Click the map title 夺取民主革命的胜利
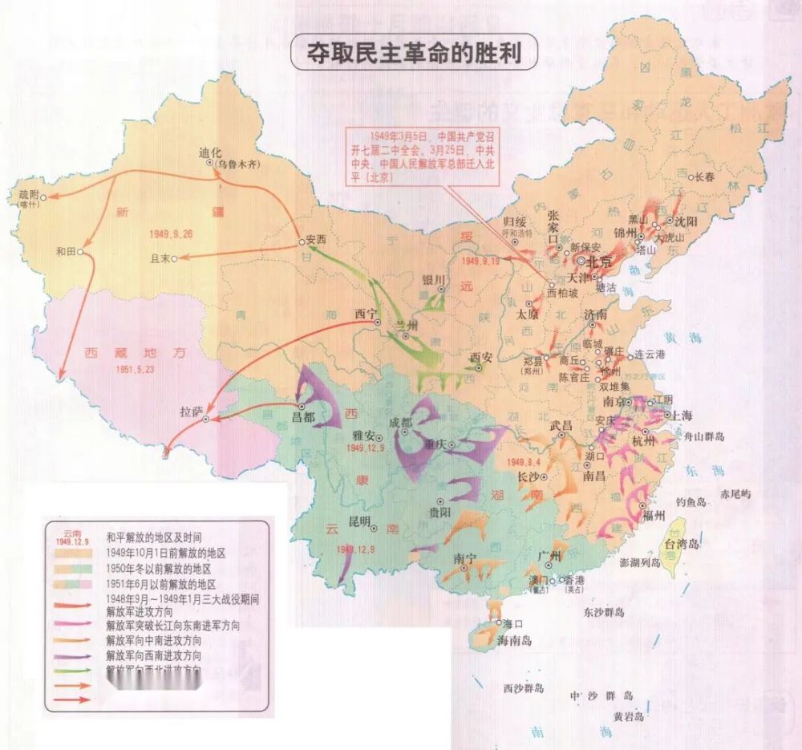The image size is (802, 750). coord(415,54)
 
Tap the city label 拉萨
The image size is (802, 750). coord(192,411)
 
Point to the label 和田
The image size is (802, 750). coord(65,251)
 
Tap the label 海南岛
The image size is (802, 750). coord(514,640)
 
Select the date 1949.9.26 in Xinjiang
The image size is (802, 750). coord(171,233)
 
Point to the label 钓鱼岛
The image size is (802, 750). coord(690,501)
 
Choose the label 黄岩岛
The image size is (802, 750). coord(629,716)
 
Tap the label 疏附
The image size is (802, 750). coord(29,194)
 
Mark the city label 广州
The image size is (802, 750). coord(551,556)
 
